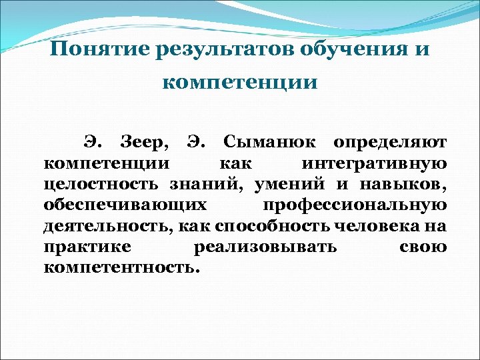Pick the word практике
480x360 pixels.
[x=85, y=247]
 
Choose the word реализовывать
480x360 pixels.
[x=264, y=247]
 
